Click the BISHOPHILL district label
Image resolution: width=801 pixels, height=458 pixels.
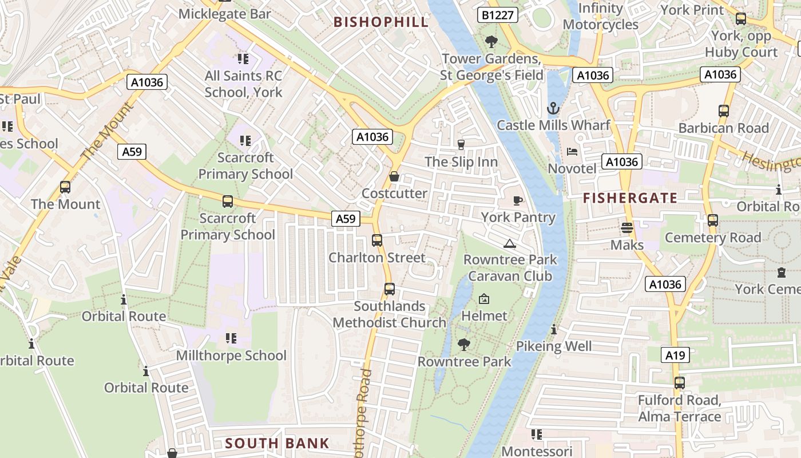click(x=380, y=22)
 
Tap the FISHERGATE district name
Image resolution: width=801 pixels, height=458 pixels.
click(x=630, y=199)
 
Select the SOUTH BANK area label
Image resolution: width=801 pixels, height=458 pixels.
click(x=277, y=443)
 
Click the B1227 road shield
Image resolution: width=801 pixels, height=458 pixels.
click(x=497, y=15)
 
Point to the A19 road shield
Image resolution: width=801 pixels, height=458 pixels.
click(x=675, y=356)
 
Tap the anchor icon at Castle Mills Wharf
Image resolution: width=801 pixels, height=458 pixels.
click(x=553, y=108)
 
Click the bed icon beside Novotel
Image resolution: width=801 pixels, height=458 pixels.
click(x=572, y=152)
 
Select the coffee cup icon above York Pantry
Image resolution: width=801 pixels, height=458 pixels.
click(x=518, y=200)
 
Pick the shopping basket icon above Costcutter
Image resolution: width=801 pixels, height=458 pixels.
click(x=394, y=176)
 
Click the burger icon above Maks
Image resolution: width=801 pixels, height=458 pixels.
click(x=627, y=228)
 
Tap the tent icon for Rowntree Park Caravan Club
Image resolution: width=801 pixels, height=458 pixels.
click(x=509, y=243)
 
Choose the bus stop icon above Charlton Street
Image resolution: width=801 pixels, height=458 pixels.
click(x=376, y=240)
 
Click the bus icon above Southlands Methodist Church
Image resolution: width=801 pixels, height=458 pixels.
click(x=389, y=289)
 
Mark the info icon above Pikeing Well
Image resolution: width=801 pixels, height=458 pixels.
click(x=553, y=330)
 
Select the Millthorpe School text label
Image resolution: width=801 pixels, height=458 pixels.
click(x=231, y=356)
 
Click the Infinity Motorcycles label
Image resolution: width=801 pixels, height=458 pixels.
click(x=600, y=17)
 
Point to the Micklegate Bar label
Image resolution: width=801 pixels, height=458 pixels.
click(x=225, y=13)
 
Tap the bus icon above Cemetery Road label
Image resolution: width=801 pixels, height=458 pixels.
click(x=712, y=220)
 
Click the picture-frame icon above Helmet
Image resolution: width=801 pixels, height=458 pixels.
click(x=484, y=299)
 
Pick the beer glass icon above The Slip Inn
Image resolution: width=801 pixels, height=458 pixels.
click(x=461, y=145)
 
